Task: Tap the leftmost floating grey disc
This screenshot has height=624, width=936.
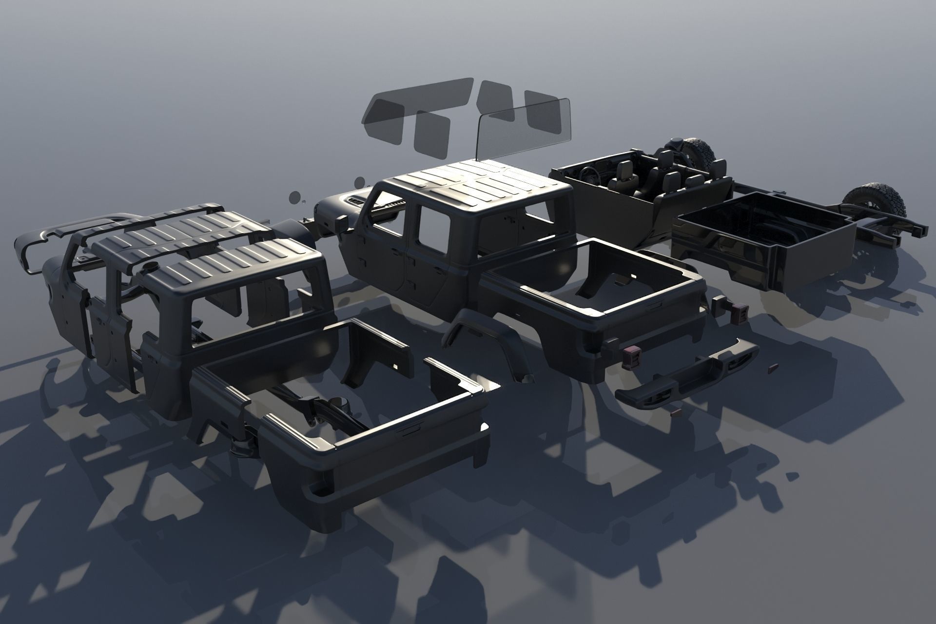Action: [294, 197]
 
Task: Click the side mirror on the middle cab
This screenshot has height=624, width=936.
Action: [342, 224]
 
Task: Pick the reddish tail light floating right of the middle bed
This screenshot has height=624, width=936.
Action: [733, 312]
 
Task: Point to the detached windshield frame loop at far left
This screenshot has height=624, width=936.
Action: [34, 249]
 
